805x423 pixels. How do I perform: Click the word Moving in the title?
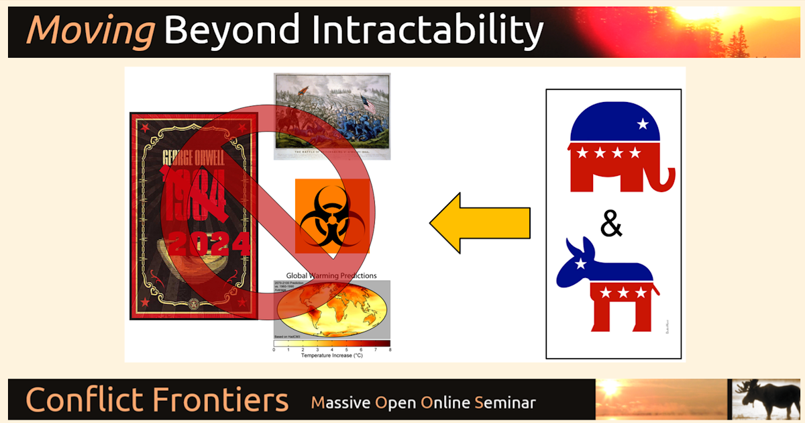click(x=90, y=31)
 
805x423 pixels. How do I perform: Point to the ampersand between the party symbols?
click(x=611, y=225)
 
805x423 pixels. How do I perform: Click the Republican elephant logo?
click(x=617, y=147)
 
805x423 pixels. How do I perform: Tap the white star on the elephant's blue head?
click(x=643, y=124)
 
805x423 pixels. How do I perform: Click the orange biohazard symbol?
click(x=332, y=217)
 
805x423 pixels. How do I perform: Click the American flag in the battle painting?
click(x=369, y=105)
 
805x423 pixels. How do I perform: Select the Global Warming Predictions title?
click(x=331, y=275)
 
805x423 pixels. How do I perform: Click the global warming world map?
click(x=332, y=309)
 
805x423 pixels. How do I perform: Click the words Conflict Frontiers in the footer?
click(x=157, y=400)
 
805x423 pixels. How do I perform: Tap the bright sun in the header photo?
click(x=698, y=13)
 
